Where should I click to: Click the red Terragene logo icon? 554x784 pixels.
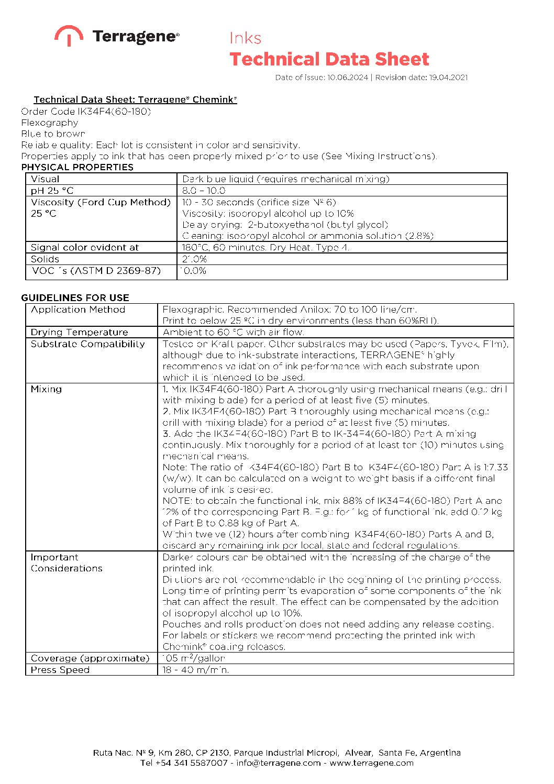pos(69,35)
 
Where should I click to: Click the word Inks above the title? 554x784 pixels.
pos(245,38)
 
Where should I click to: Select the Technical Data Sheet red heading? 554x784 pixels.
pos(329,59)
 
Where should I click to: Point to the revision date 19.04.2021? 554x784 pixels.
pos(448,78)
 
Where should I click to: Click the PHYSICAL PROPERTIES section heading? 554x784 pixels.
pos(77,167)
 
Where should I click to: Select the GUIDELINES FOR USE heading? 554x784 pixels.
pos(75,297)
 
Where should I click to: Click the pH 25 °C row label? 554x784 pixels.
pos(52,191)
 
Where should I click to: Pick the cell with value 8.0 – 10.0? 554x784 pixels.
pos(204,191)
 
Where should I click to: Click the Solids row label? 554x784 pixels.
pos(45,259)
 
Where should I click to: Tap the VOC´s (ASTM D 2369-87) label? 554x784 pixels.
pos(96,271)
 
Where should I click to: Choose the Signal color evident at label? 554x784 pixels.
pos(85,247)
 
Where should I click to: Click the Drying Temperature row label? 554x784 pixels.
pos(79,332)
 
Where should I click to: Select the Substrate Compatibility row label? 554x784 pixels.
pos(87,344)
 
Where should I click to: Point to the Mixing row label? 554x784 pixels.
pos(46,389)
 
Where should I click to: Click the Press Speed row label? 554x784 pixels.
pos(60,670)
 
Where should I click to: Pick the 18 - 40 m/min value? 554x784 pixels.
pos(196,670)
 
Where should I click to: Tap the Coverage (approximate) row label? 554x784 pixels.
pos(90,658)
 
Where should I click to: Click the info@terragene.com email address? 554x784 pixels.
pos(278,763)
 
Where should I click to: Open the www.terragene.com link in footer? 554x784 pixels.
pos(371,763)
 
